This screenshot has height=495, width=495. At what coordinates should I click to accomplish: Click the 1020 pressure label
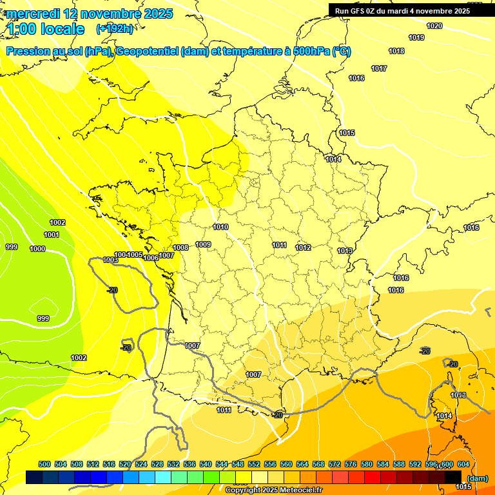pyautogui.click(x=435, y=26)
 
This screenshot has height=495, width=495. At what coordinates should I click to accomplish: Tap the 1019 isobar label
pyautogui.click(x=416, y=37)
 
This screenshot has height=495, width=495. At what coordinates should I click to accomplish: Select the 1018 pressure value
pyautogui.click(x=396, y=51)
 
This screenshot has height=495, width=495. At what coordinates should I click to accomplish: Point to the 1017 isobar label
pyautogui.click(x=379, y=68)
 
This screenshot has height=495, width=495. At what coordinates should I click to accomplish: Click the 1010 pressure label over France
pyautogui.click(x=221, y=227)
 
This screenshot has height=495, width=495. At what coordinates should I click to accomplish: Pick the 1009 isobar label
pyautogui.click(x=204, y=244)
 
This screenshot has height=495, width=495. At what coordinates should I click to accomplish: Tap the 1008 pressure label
pyautogui.click(x=180, y=247)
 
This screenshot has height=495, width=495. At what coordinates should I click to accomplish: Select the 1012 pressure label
pyautogui.click(x=304, y=247)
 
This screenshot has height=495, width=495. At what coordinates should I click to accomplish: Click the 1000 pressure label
pyautogui.click(x=37, y=249)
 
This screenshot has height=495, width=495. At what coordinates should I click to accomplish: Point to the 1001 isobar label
pyautogui.click(x=52, y=235)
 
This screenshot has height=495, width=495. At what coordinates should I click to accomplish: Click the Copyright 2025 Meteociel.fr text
pyautogui.click(x=273, y=490)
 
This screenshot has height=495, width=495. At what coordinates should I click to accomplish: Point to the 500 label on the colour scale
pyautogui.click(x=44, y=464)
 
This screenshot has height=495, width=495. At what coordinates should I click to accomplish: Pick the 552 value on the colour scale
pyautogui.click(x=254, y=464)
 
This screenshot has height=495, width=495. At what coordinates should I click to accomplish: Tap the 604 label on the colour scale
pyautogui.click(x=463, y=464)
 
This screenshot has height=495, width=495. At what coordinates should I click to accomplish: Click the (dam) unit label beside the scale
pyautogui.click(x=476, y=478)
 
